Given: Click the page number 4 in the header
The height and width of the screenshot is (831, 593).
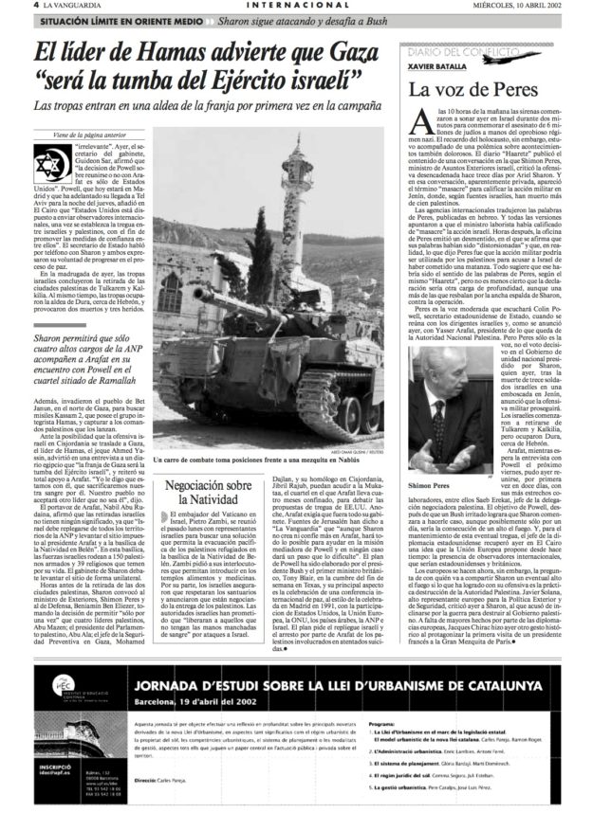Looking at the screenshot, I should (8, 6).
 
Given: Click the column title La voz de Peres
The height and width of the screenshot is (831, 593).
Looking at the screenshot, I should (463, 91).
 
